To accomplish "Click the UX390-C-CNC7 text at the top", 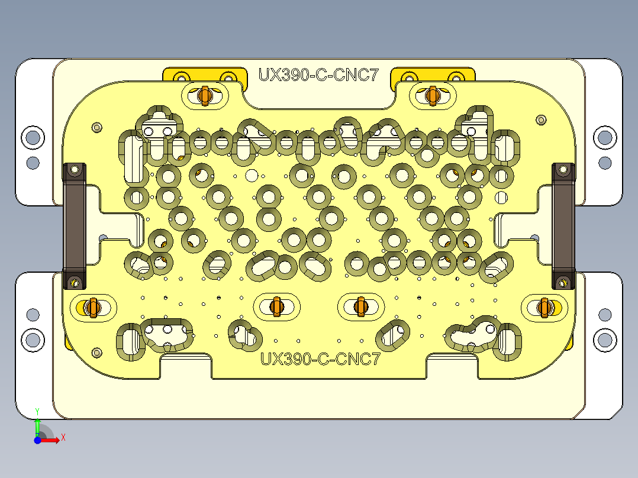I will (318, 75).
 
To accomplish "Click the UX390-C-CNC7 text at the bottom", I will (320, 358).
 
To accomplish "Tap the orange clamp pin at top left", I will (205, 95).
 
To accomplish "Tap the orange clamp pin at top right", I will (432, 95).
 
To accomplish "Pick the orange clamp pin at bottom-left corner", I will (91, 307).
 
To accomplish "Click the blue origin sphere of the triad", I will (37, 440).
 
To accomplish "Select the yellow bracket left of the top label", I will (204, 75).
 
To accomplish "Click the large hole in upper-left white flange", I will (33, 137).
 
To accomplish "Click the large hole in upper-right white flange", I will (604, 137).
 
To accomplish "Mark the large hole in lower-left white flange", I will (33, 340).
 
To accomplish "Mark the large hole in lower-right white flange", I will (604, 340).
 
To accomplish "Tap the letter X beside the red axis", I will (63, 437).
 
